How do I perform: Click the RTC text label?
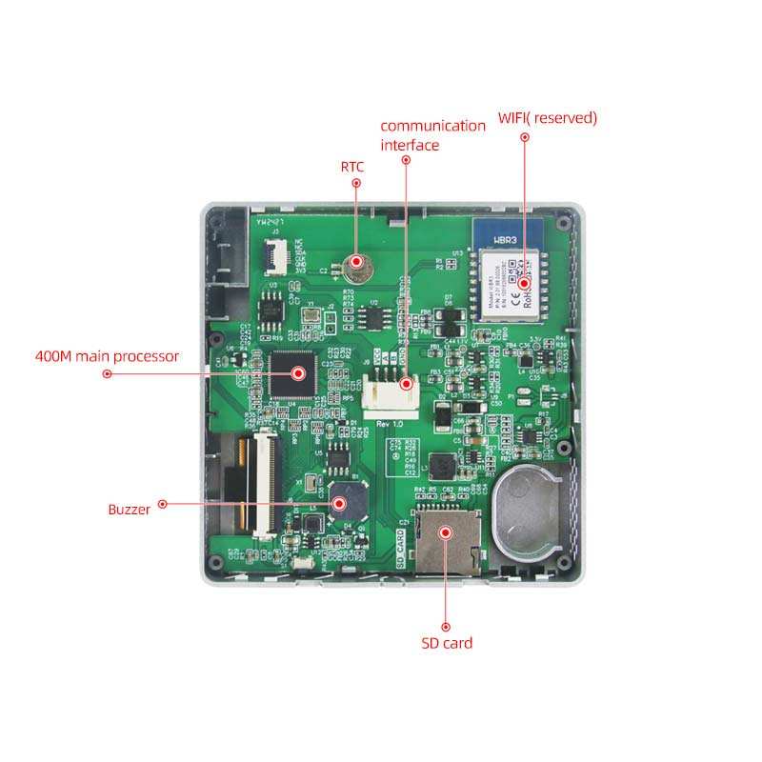(352, 167)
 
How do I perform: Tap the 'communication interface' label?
(432, 135)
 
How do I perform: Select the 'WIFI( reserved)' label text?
(548, 118)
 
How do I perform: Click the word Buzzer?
(129, 510)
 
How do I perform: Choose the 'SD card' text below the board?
(447, 643)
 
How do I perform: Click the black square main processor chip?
(292, 373)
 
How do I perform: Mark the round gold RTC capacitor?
(356, 261)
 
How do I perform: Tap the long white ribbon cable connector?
(260, 481)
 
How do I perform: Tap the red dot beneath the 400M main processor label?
(107, 374)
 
